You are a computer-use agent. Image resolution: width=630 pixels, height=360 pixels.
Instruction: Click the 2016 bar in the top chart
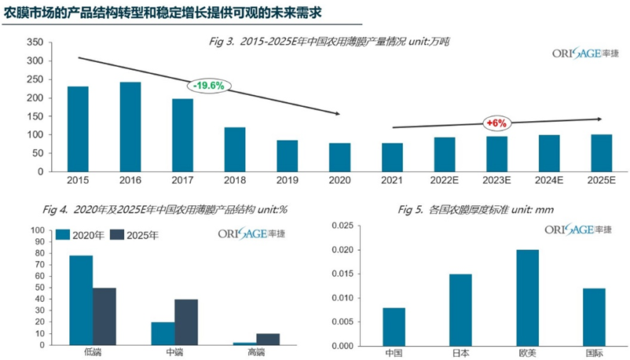click(x=130, y=127)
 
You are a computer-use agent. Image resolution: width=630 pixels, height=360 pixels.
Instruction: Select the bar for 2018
click(x=235, y=149)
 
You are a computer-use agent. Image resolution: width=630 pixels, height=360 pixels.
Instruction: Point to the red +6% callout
click(x=497, y=123)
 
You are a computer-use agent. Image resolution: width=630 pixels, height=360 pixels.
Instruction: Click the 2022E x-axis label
click(x=445, y=180)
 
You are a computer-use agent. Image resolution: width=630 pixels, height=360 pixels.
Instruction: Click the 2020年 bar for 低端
click(x=81, y=299)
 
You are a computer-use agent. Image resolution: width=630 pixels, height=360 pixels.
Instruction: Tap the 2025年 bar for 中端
click(x=186, y=321)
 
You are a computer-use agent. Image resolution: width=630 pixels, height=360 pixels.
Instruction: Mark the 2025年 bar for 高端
click(x=268, y=339)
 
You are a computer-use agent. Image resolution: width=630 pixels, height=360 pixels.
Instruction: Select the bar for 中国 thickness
click(x=394, y=326)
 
